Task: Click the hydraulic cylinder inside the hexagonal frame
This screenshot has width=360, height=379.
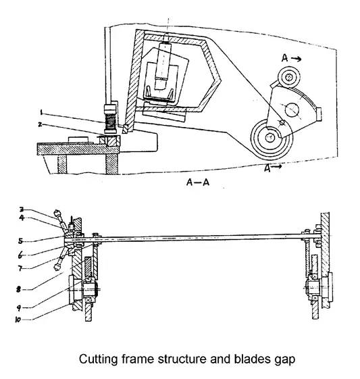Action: [162, 72]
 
